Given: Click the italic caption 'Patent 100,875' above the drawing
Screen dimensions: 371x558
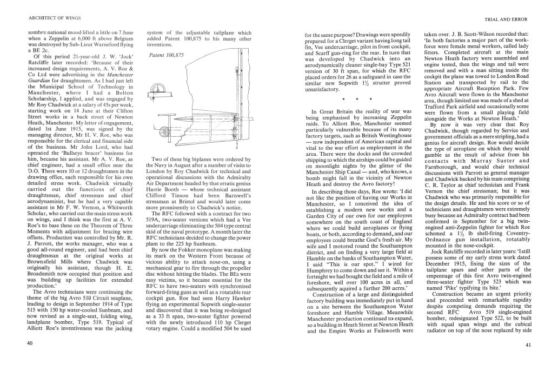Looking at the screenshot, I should (x=166, y=55).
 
